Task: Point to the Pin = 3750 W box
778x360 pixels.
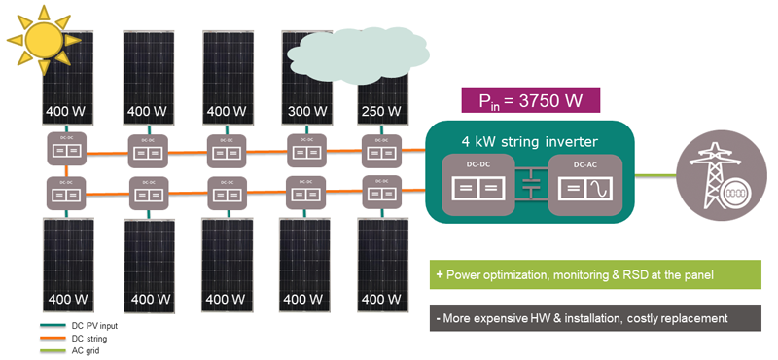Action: click(529, 101)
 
